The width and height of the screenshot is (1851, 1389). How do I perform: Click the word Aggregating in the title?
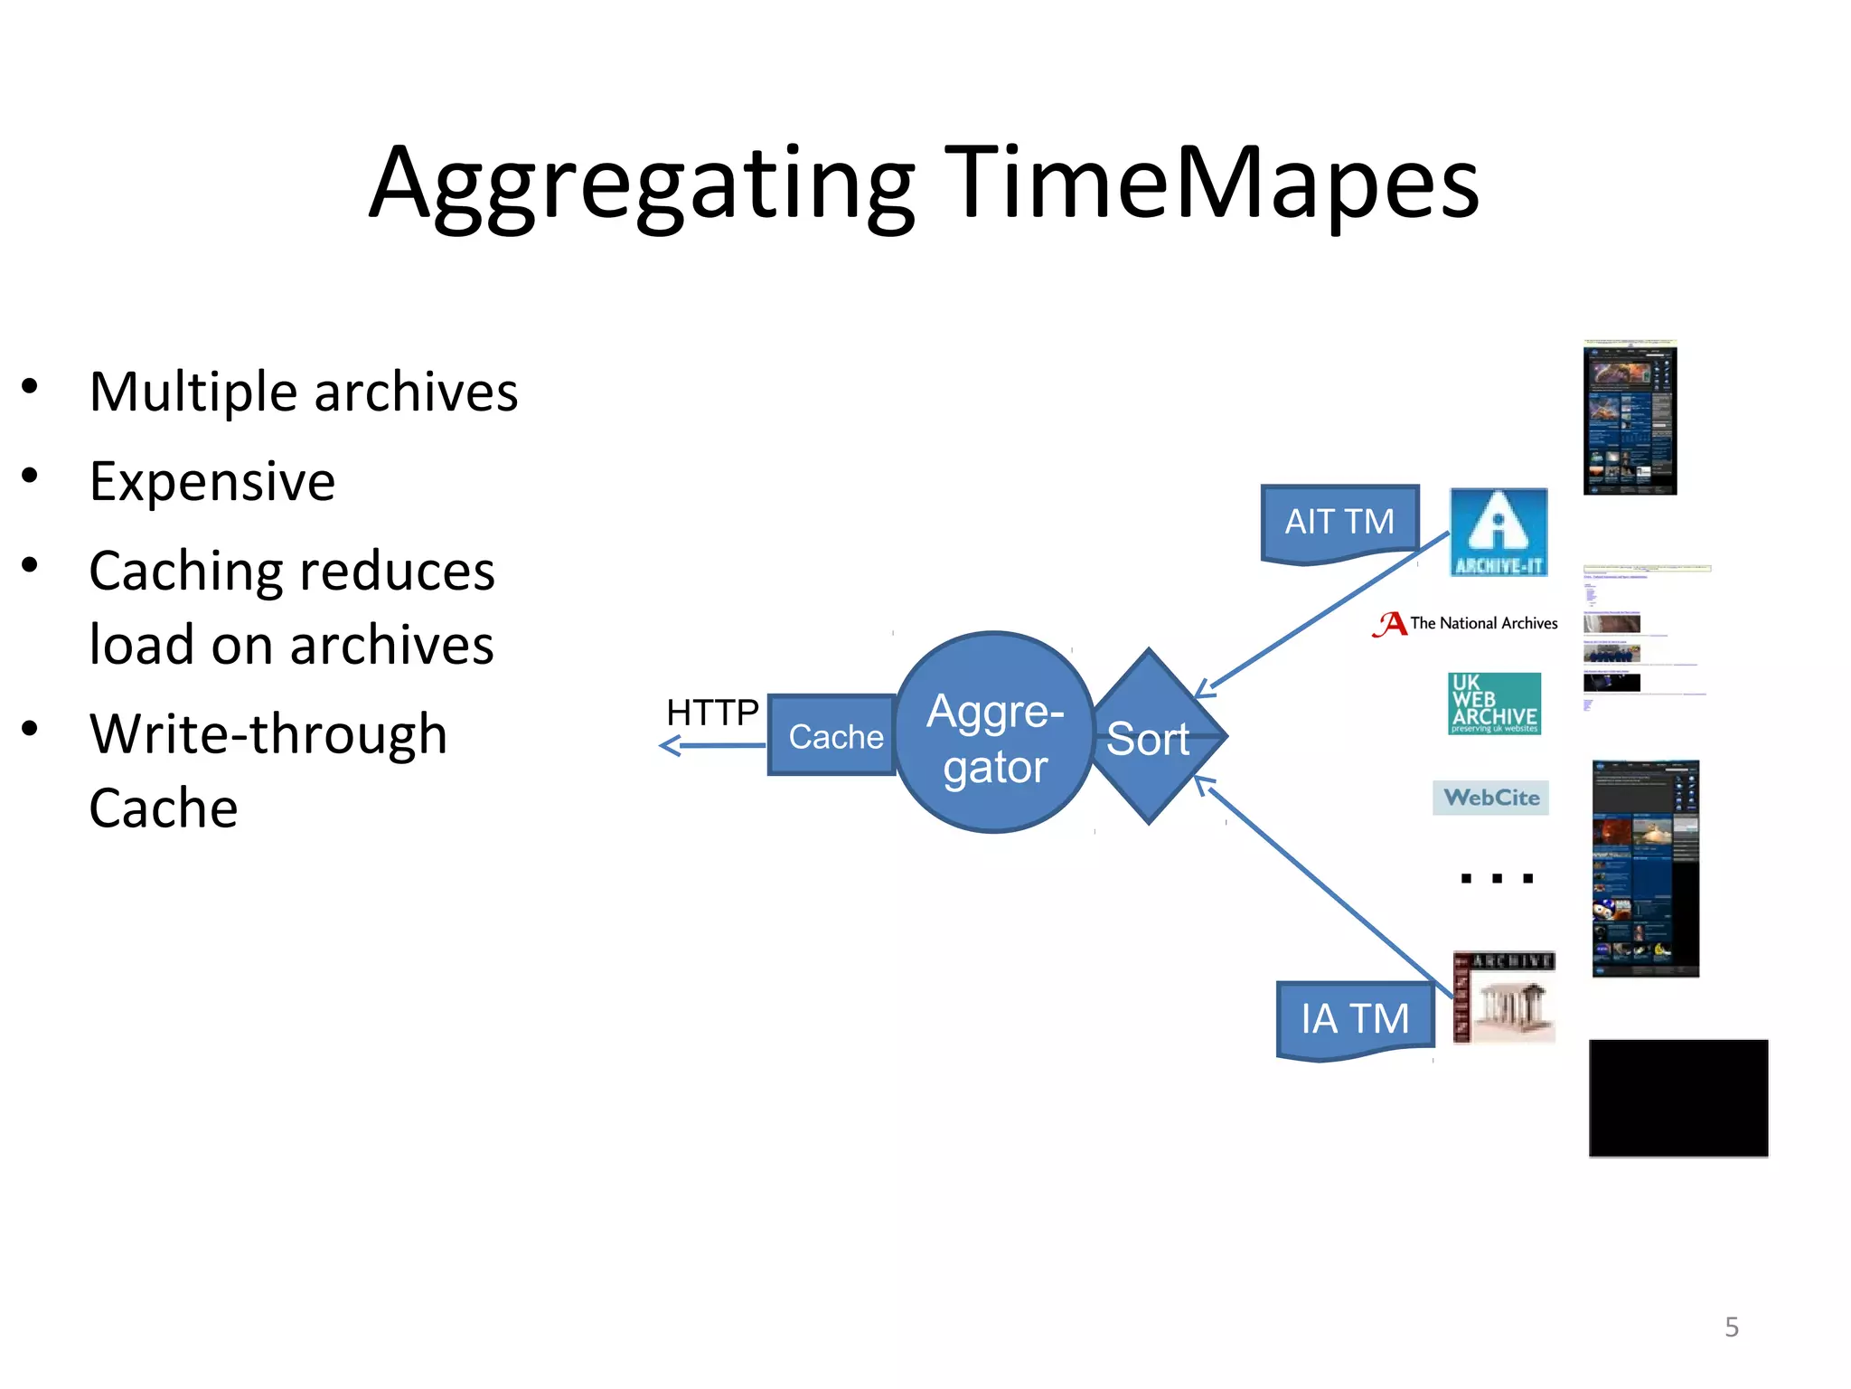[x=643, y=185]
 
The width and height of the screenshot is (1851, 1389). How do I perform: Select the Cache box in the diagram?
[x=833, y=736]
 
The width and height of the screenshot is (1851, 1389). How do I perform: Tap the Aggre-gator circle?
[x=994, y=732]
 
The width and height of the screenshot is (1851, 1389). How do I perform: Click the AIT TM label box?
[x=1339, y=522]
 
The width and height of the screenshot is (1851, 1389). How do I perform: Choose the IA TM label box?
[x=1354, y=1018]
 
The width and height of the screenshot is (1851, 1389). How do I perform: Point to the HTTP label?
[x=712, y=713]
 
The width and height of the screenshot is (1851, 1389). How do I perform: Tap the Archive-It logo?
[x=1498, y=532]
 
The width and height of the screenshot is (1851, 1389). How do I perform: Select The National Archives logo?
[x=1465, y=623]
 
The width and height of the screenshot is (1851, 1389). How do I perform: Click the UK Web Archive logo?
[x=1494, y=704]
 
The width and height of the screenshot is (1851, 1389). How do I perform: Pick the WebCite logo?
[x=1490, y=798]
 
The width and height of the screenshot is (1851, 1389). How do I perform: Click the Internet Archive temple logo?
[x=1504, y=997]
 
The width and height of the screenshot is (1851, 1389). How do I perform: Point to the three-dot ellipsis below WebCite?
[x=1497, y=877]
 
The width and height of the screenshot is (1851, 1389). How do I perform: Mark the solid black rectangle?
[x=1678, y=1098]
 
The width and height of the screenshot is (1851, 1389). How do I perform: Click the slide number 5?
[x=1731, y=1327]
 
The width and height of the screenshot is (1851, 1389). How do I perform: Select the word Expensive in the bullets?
[x=212, y=482]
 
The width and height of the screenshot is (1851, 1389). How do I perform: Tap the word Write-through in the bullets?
[x=268, y=733]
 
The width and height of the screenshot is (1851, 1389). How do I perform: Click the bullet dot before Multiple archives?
[x=30, y=387]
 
